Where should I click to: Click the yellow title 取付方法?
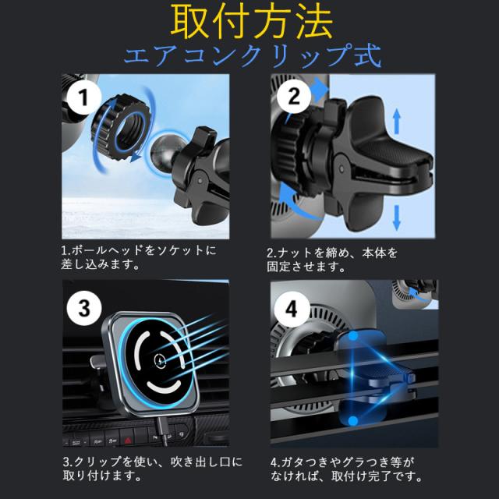tap(251, 22)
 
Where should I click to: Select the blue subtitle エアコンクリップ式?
tap(252, 55)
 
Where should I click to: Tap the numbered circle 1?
tap(83, 97)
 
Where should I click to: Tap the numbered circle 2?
tap(293, 96)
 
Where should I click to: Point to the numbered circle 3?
tap(84, 308)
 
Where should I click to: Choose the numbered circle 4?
tap(292, 309)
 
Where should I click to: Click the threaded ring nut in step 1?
tap(121, 126)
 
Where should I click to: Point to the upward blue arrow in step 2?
tap(397, 122)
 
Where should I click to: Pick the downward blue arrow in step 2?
tap(397, 218)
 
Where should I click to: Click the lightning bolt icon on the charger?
tap(159, 360)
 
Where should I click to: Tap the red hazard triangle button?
tap(127, 441)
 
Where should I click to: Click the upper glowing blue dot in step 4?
tap(353, 336)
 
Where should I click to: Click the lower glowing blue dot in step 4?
tap(352, 421)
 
